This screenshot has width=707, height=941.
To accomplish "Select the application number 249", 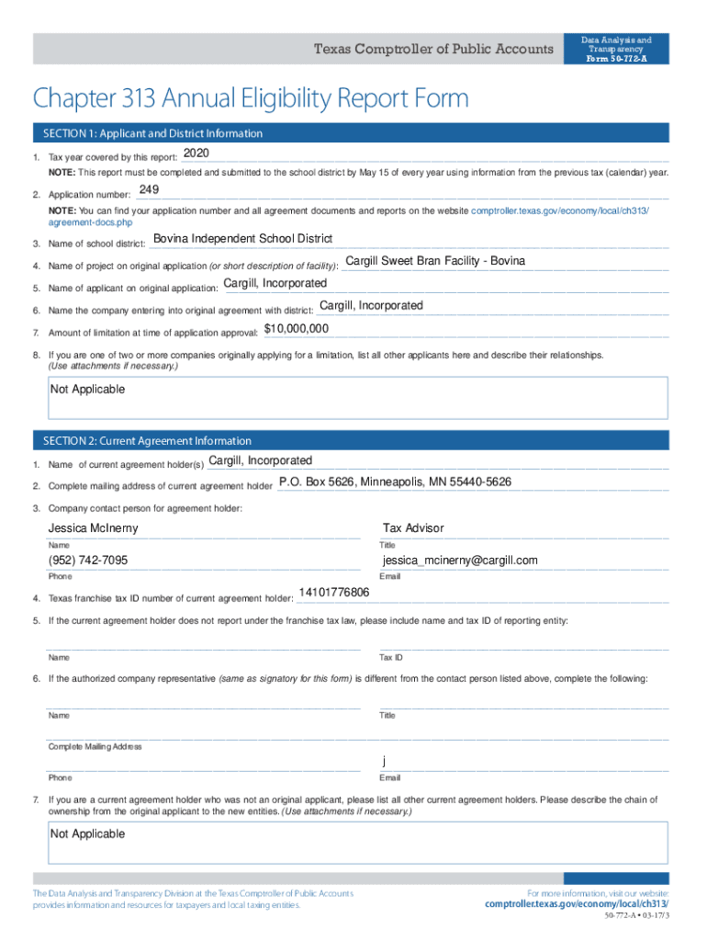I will pos(149,190).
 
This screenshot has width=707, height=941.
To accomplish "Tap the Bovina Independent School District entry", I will pos(242,239).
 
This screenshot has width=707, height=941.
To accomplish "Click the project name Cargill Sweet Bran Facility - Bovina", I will pos(435,261).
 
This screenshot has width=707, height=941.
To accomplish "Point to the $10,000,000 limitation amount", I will pos(297,328).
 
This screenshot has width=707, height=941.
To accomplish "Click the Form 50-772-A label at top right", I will pos(616,59).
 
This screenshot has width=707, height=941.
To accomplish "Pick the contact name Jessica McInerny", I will pos(94,528).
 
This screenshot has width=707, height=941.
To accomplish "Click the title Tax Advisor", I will pos(413,528).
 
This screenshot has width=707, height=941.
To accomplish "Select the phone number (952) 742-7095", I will pos(88,561).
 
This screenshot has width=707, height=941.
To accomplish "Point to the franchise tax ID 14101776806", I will pos(334,593).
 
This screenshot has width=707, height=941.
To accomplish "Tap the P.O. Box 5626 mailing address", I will pos(395,482).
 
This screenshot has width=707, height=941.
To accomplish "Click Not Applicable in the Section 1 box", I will pos(87,390).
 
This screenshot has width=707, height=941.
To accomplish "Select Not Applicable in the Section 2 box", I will pos(87,834).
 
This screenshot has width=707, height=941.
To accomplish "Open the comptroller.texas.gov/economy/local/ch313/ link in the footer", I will pos(577,904).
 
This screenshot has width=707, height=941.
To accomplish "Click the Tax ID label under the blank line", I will pos(391,658).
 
